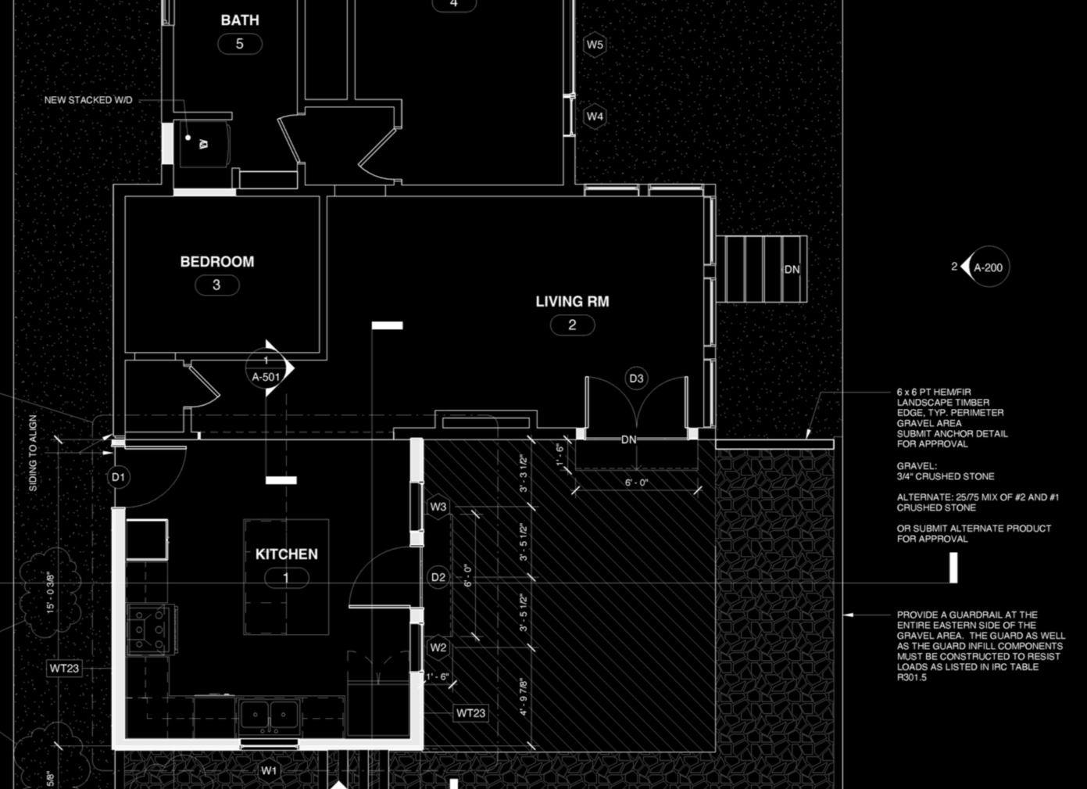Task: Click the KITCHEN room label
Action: (286, 554)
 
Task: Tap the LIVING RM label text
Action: (571, 301)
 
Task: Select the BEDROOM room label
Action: (216, 262)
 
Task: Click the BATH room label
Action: (239, 20)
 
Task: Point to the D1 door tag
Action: (118, 477)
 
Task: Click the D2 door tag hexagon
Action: (438, 577)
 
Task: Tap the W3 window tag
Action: (438, 507)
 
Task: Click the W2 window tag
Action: (438, 647)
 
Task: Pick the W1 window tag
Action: (269, 770)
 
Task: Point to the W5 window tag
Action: (595, 45)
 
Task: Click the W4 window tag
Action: (595, 116)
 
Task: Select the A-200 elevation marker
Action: (987, 267)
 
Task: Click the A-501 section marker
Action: (266, 376)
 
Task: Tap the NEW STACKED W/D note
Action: (88, 100)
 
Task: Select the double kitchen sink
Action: (269, 715)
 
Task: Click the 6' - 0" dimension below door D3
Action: (636, 482)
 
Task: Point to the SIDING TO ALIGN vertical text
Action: (33, 453)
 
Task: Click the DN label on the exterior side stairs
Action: (792, 270)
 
